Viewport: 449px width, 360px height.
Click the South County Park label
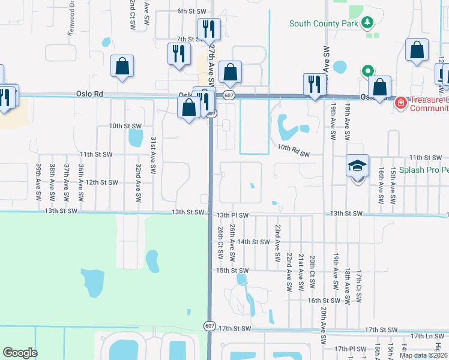click(324, 24)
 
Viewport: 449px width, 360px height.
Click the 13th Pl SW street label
click(232, 214)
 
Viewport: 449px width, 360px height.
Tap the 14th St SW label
click(253, 242)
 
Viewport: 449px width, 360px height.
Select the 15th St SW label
click(232, 271)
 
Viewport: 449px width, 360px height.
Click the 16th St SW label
click(324, 301)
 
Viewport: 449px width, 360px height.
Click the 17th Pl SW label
click(351, 349)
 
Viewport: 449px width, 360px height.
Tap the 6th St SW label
click(191, 11)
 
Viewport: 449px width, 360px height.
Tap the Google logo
click(20, 353)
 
